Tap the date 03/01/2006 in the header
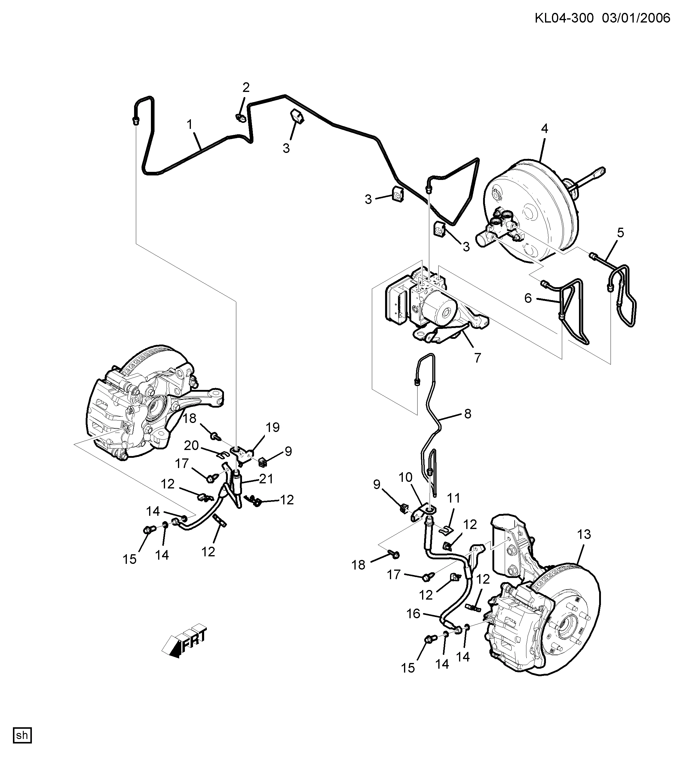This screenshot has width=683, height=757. click(637, 18)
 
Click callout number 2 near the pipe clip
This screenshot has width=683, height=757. click(246, 88)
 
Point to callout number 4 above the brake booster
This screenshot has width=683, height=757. click(544, 129)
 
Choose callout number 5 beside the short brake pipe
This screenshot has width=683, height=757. click(620, 233)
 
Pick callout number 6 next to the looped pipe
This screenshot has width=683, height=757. click(528, 298)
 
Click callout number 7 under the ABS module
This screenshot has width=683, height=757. click(477, 358)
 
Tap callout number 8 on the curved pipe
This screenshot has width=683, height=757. click(467, 414)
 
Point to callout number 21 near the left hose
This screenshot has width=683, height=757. click(266, 479)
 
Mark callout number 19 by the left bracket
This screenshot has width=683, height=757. click(273, 427)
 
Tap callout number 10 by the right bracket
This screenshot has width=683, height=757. click(406, 477)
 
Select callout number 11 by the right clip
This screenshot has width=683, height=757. click(454, 498)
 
